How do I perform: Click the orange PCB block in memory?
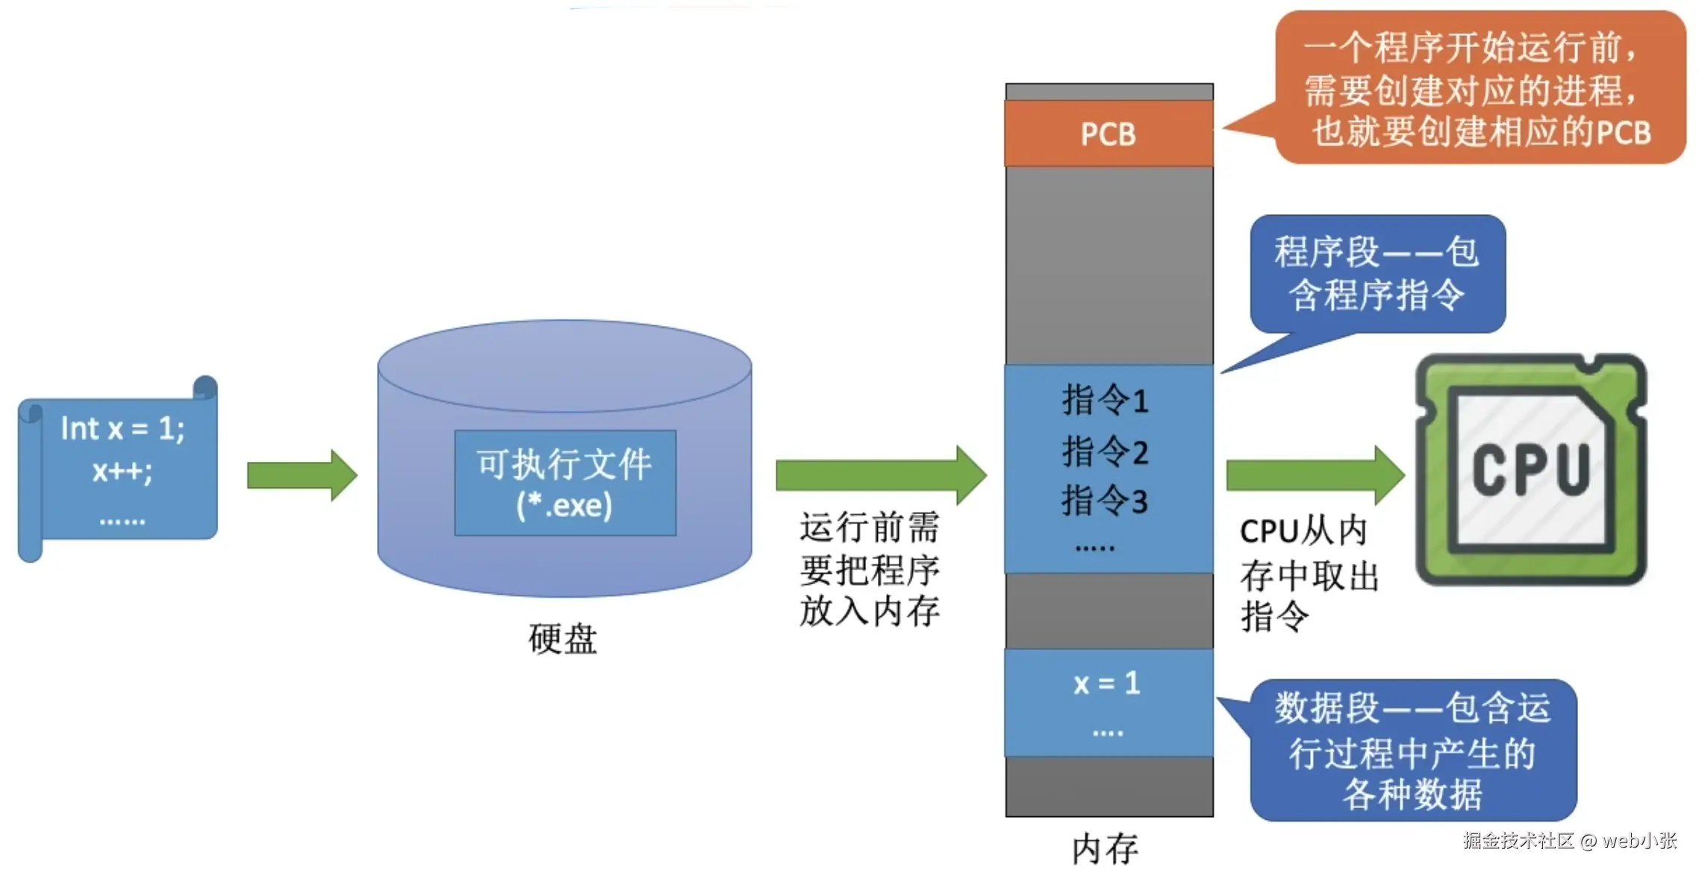[x=1109, y=134]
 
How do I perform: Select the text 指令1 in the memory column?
[x=1105, y=400]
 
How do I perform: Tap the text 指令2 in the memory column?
[x=1105, y=451]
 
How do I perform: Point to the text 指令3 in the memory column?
[x=1105, y=500]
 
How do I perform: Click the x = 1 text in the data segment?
[x=1107, y=683]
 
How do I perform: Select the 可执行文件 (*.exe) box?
[x=565, y=483]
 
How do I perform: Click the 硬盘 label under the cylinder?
[x=563, y=639]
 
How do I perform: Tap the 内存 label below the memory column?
[x=1105, y=849]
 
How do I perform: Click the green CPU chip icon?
[x=1530, y=469]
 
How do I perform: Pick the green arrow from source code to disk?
[x=302, y=475]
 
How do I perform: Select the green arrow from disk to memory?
[x=881, y=475]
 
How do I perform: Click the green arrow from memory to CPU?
[x=1315, y=475]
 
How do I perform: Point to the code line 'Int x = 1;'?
[x=123, y=428]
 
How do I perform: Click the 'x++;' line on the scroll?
[x=122, y=471]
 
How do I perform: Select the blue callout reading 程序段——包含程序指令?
[x=1377, y=274]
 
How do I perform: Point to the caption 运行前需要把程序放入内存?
[x=870, y=569]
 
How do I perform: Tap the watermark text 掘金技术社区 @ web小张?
[x=1570, y=841]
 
